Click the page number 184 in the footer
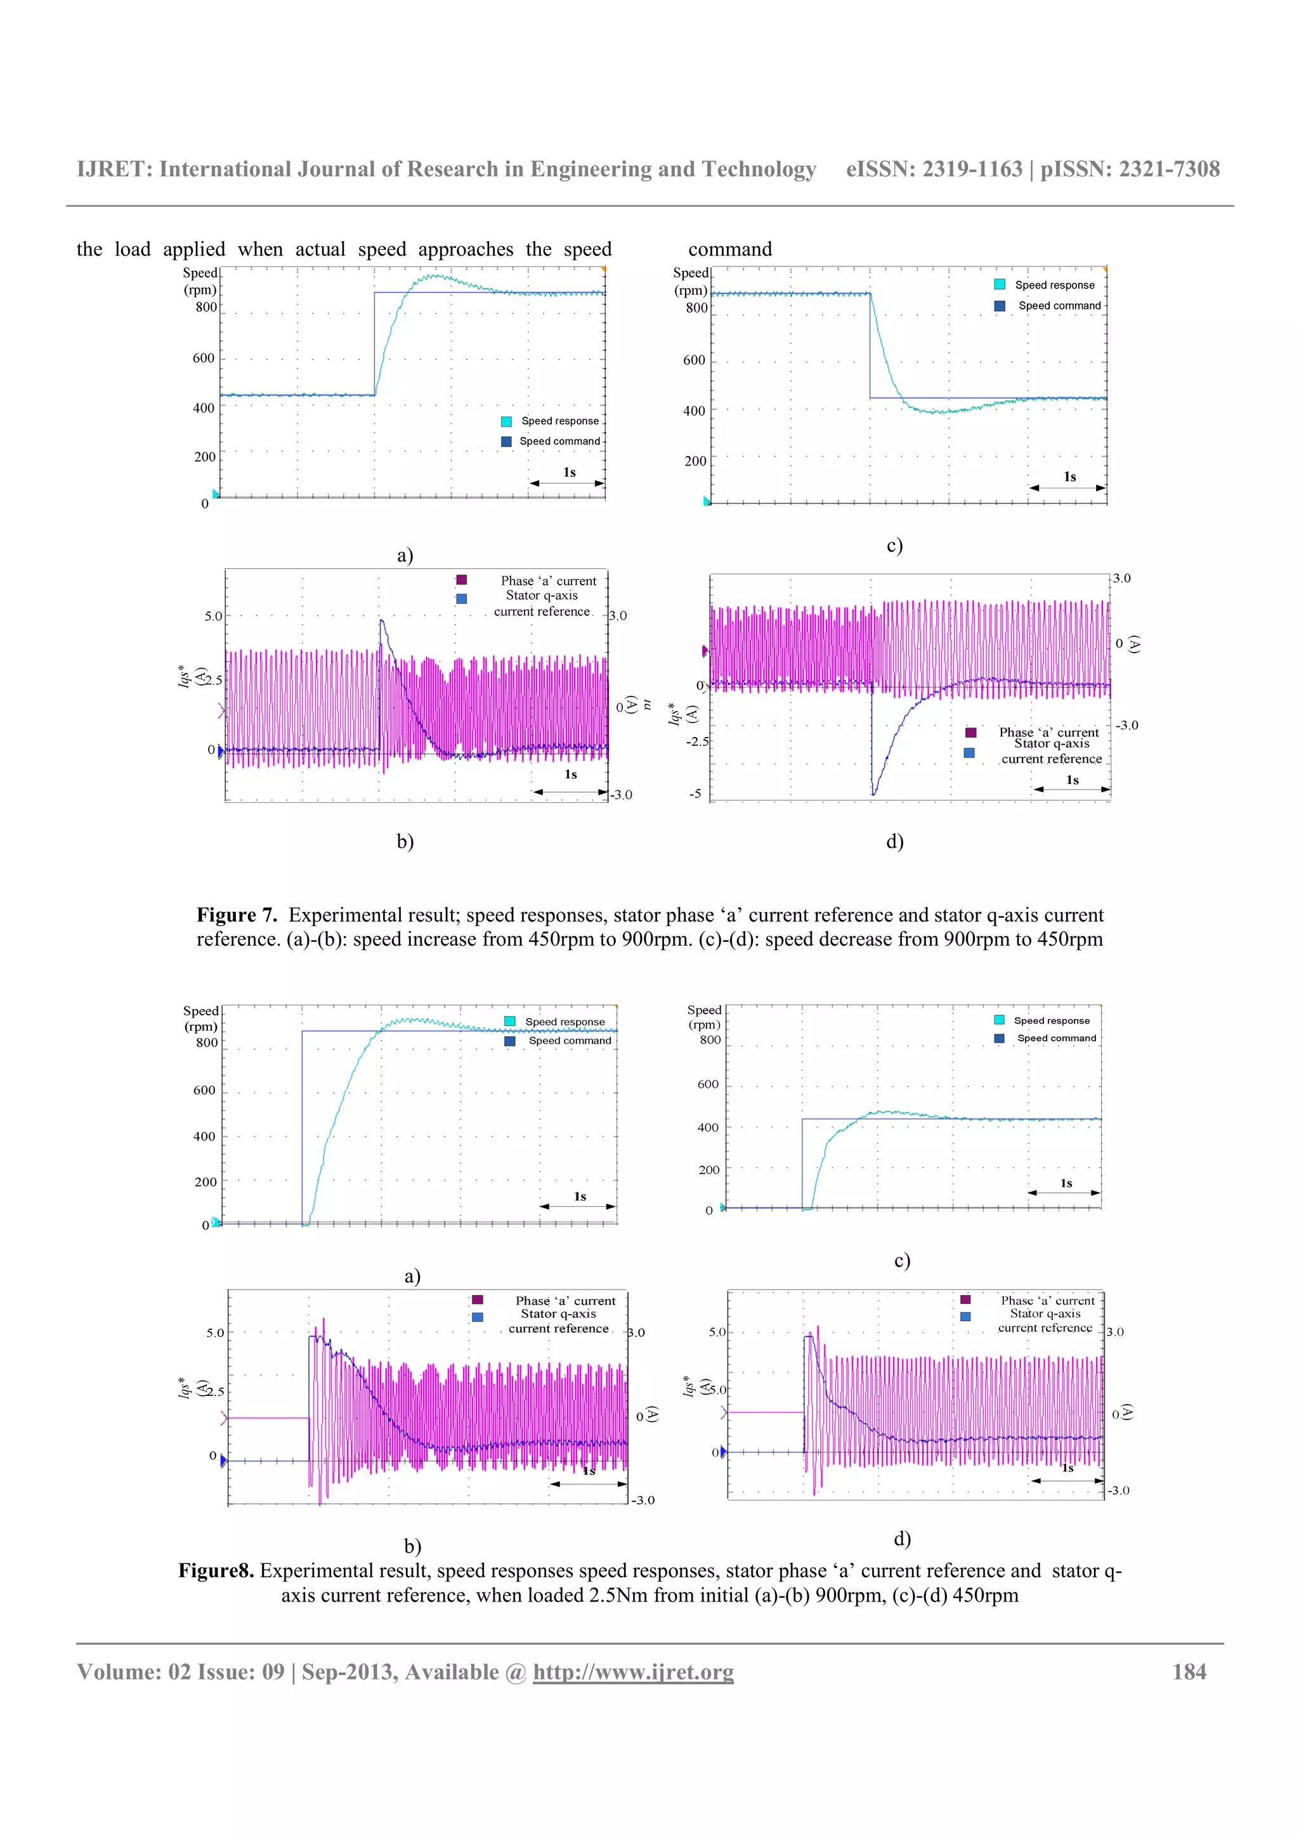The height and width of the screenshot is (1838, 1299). click(1189, 1672)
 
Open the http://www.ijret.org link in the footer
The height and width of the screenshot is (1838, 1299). click(633, 1672)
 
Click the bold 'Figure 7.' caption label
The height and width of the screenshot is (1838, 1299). click(237, 915)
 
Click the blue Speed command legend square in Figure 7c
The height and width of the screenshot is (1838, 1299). click(1000, 306)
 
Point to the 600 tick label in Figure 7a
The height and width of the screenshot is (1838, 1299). click(204, 358)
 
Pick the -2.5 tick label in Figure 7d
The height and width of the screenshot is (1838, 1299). click(697, 741)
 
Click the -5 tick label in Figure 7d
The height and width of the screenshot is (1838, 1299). click(696, 794)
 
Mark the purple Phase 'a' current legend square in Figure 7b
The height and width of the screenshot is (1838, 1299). click(462, 580)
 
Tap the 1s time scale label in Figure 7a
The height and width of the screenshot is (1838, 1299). click(569, 473)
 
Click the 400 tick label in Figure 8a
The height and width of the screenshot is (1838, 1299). click(204, 1136)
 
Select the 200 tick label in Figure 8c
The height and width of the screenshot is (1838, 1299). click(709, 1170)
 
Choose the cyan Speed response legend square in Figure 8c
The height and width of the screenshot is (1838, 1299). click(1000, 1020)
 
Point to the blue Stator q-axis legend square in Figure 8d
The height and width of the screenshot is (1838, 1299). click(966, 1317)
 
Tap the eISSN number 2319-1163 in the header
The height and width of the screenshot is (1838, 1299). click(972, 169)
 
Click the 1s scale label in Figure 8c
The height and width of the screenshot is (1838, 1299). click(1066, 1183)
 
